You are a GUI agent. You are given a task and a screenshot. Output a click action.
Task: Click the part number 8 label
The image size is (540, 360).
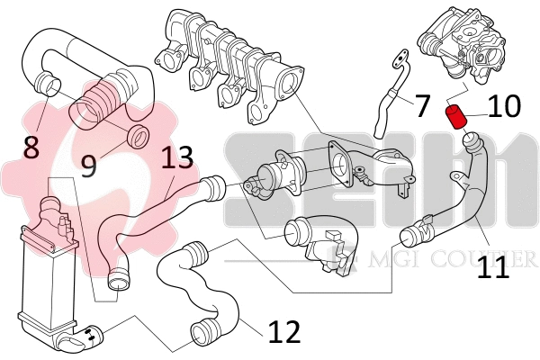(31, 147)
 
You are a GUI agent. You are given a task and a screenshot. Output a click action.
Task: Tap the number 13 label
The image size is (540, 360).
(177, 159)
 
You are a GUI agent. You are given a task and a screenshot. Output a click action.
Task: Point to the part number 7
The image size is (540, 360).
(423, 104)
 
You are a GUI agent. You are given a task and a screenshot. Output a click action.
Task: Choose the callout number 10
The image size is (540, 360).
(504, 106)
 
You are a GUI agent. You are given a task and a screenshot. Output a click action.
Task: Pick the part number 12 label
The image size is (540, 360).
(283, 333)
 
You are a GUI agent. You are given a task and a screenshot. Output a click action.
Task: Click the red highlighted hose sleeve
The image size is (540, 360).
(455, 115)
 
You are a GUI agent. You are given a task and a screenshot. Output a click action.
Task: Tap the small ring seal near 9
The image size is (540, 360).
(138, 138)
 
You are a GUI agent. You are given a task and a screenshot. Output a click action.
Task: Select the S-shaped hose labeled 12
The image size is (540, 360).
(202, 288)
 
